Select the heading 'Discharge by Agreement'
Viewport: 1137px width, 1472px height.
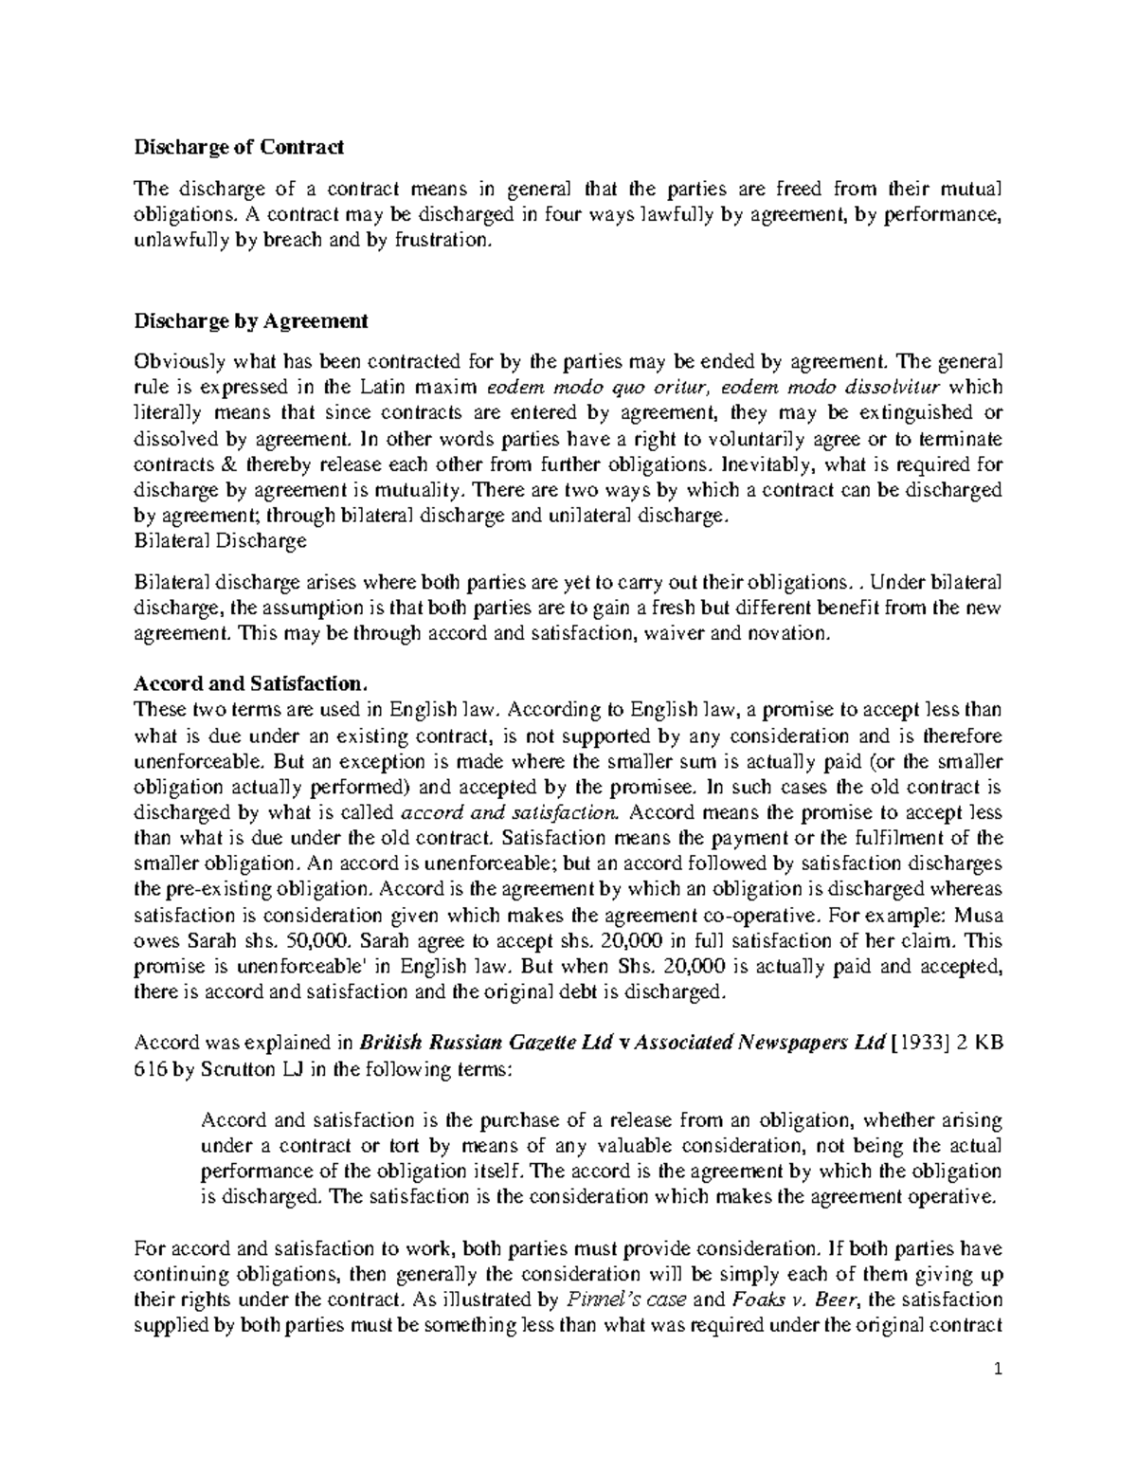(250, 321)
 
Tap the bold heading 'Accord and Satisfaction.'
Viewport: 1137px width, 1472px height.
(248, 683)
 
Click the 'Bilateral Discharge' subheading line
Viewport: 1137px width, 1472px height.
(221, 541)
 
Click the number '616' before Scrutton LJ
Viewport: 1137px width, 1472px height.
(151, 1068)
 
